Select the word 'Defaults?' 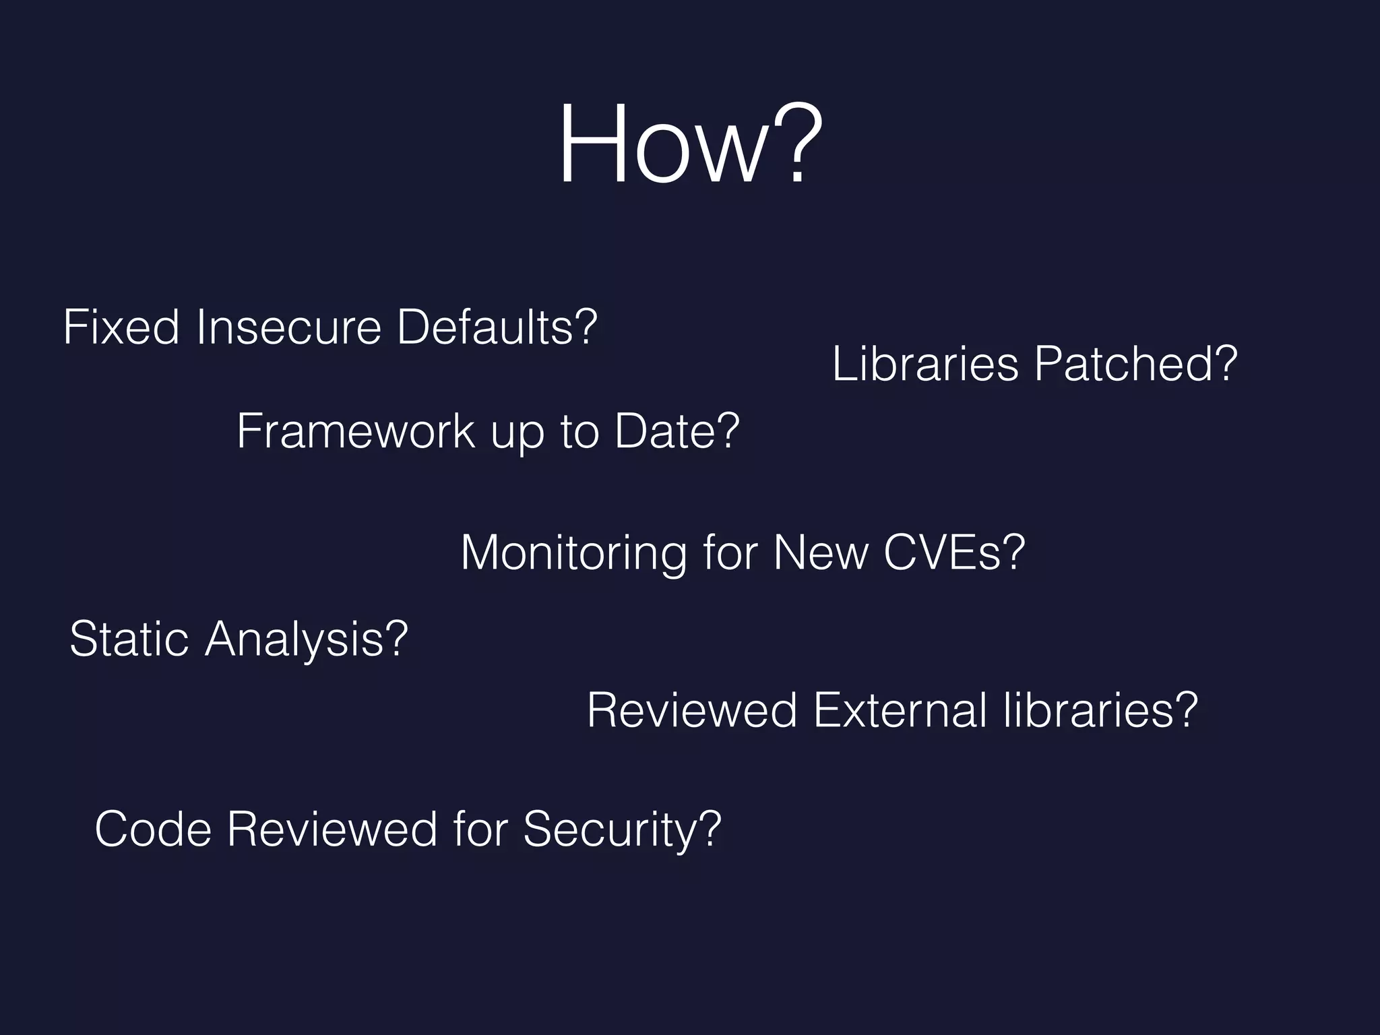point(497,327)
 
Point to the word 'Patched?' point(1135,364)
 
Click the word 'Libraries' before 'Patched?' point(925,364)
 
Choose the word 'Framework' point(356,431)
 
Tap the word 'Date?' point(677,431)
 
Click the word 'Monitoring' point(573,553)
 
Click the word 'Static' point(129,638)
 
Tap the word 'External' point(900,710)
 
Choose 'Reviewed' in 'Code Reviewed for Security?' point(332,829)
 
